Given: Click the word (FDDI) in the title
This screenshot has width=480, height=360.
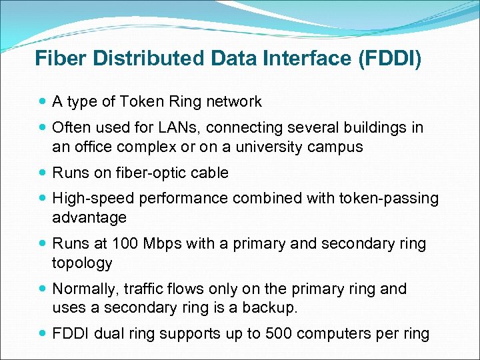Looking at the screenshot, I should point(390,58).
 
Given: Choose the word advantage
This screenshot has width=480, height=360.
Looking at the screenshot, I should point(89,218).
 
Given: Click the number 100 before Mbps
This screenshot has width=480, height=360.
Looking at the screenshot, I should point(125,244).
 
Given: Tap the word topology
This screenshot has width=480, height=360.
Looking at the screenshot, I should point(82,263).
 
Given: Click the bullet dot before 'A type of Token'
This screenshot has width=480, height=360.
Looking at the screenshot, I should point(43,102).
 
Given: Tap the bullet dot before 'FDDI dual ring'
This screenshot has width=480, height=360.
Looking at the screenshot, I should point(43,334).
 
